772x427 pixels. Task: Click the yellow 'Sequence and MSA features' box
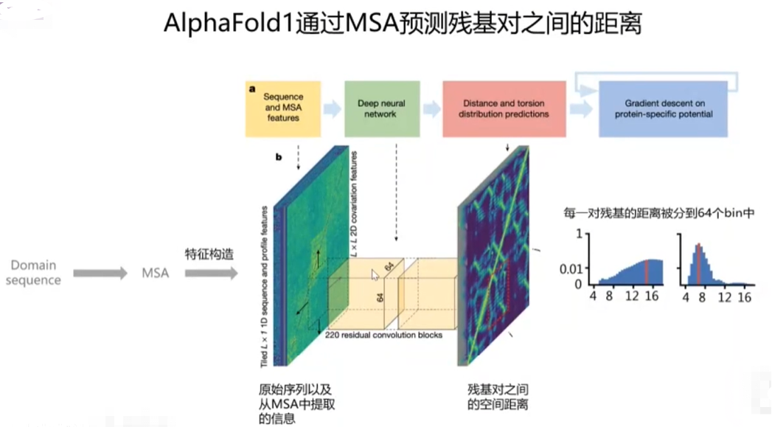coord(283,108)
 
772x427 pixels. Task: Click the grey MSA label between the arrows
coord(155,273)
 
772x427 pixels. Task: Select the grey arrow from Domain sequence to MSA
coord(100,273)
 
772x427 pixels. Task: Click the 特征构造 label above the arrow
coord(209,255)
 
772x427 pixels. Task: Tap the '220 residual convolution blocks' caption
coord(383,335)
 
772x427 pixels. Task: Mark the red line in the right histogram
coord(698,263)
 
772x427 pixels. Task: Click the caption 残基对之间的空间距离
coord(498,396)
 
